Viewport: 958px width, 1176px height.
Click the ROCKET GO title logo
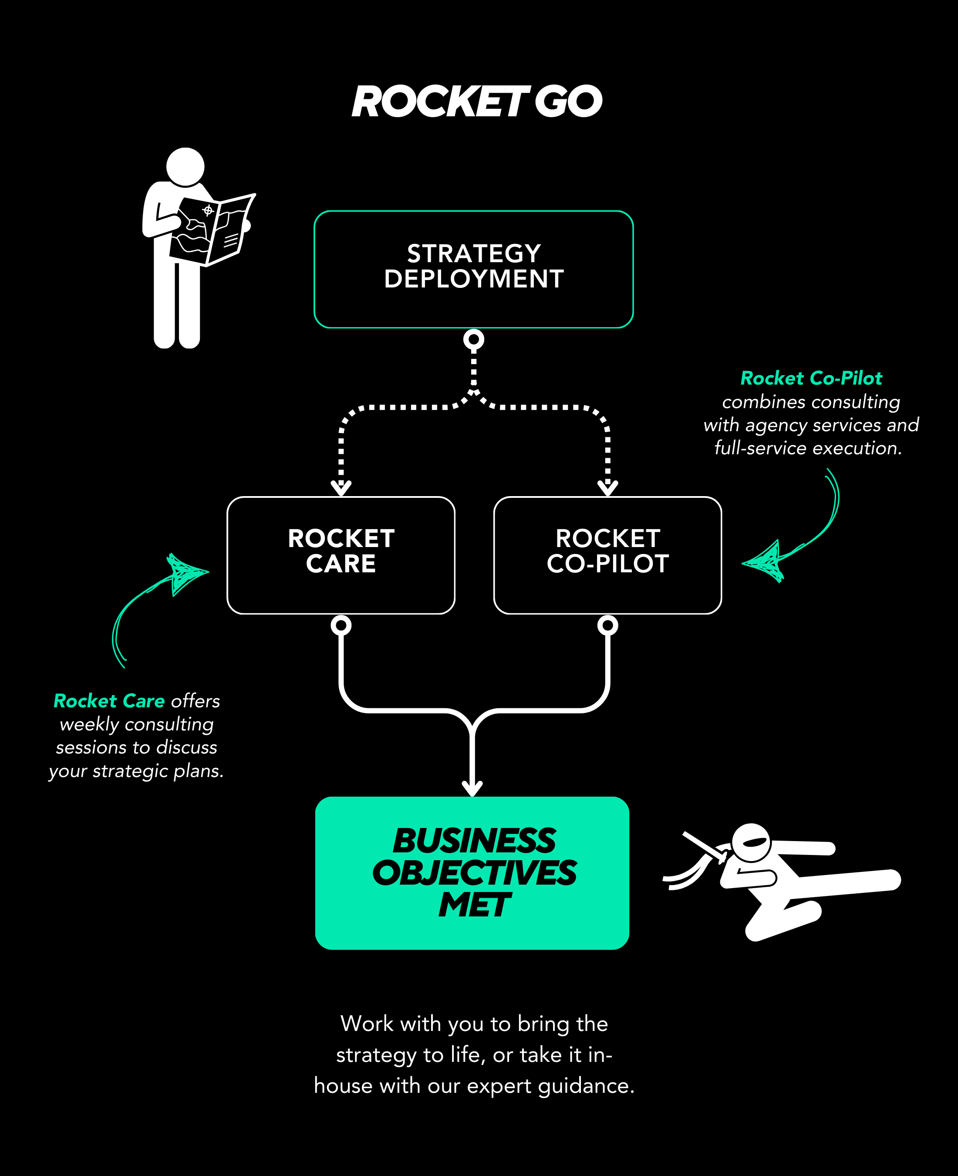pyautogui.click(x=477, y=102)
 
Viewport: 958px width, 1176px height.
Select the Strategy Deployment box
pyautogui.click(x=473, y=269)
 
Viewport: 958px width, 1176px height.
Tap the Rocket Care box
pyautogui.click(x=341, y=555)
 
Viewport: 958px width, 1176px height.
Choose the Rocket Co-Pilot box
pyautogui.click(x=607, y=555)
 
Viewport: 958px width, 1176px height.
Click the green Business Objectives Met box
pyautogui.click(x=472, y=873)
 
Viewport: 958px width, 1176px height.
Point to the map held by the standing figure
pyautogui.click(x=210, y=230)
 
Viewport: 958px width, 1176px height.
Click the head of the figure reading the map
pyautogui.click(x=186, y=167)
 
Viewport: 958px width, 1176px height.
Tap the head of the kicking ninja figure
pyautogui.click(x=751, y=843)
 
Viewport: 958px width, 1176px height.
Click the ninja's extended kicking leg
pyautogui.click(x=844, y=882)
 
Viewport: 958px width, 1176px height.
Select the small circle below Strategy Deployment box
pyautogui.click(x=473, y=339)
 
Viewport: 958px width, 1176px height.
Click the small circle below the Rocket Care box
pyautogui.click(x=341, y=625)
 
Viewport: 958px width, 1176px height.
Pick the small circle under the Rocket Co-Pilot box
pyautogui.click(x=607, y=625)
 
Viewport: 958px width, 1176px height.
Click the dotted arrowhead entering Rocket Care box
pyautogui.click(x=341, y=487)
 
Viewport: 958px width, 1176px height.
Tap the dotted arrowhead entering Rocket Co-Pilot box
pyautogui.click(x=607, y=487)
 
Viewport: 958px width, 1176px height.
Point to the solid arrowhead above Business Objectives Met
pyautogui.click(x=472, y=788)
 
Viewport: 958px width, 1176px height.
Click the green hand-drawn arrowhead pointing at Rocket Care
pyautogui.click(x=185, y=572)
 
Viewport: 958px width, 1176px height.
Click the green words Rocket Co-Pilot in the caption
pyautogui.click(x=811, y=378)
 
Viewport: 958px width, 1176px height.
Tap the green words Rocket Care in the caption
pyautogui.click(x=109, y=701)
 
